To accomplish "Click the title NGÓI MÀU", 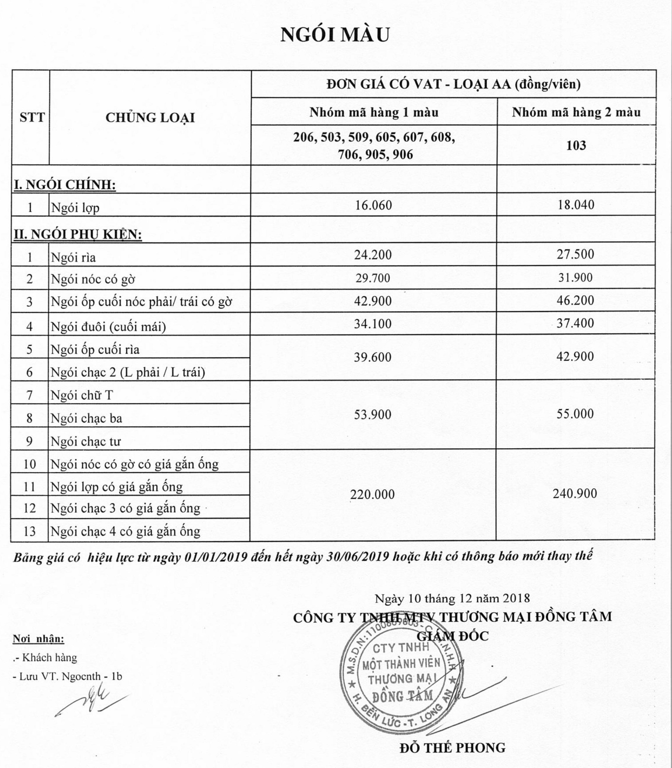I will click(x=335, y=34).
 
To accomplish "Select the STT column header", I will click(x=32, y=117).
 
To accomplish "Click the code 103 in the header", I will click(x=576, y=145).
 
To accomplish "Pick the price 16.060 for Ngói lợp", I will click(x=373, y=205).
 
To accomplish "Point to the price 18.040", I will click(x=576, y=205).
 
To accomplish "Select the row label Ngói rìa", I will click(x=73, y=257).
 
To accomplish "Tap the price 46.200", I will click(x=575, y=300).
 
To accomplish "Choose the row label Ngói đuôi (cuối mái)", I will click(x=108, y=327).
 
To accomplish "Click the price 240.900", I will click(x=574, y=493).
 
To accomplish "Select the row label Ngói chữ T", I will click(x=82, y=395).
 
